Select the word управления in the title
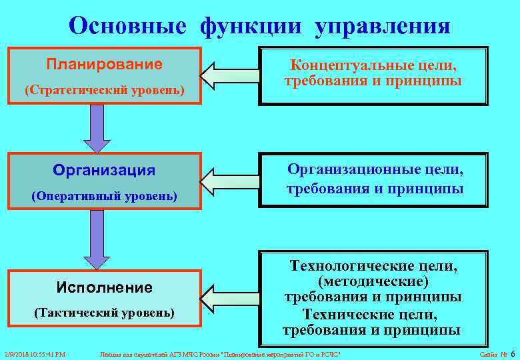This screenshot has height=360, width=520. (383, 26)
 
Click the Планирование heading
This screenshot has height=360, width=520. (104, 65)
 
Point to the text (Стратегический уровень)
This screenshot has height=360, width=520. (104, 89)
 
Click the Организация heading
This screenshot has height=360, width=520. (104, 171)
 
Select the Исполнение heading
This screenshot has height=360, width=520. (104, 287)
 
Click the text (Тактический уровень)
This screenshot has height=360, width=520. (104, 312)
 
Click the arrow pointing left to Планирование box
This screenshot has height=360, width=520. (229, 75)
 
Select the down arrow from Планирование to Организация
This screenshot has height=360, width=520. (97, 128)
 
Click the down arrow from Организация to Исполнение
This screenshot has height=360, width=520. (97, 244)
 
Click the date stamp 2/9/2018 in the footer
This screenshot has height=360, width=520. (18, 353)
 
